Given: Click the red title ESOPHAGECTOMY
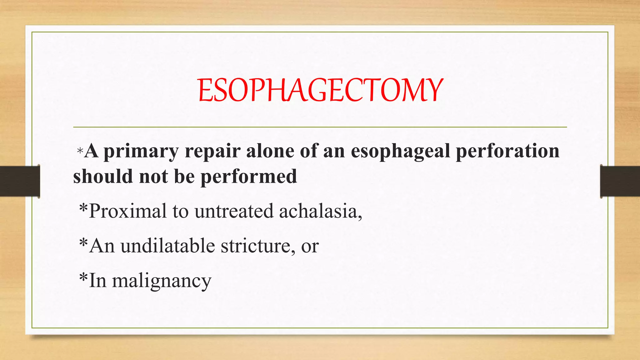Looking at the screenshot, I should coord(320,90).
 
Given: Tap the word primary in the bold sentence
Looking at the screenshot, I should coord(141,152).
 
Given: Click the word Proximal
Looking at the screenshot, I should coord(128,211).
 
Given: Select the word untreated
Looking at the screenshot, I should coord(234,211).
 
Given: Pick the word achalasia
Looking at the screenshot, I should coord(320,211).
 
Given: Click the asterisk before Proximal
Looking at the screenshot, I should coord(83,208).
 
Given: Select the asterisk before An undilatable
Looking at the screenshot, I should coord(83,242).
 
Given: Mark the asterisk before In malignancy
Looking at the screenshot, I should coord(83,277).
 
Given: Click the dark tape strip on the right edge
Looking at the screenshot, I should coord(620,181).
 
